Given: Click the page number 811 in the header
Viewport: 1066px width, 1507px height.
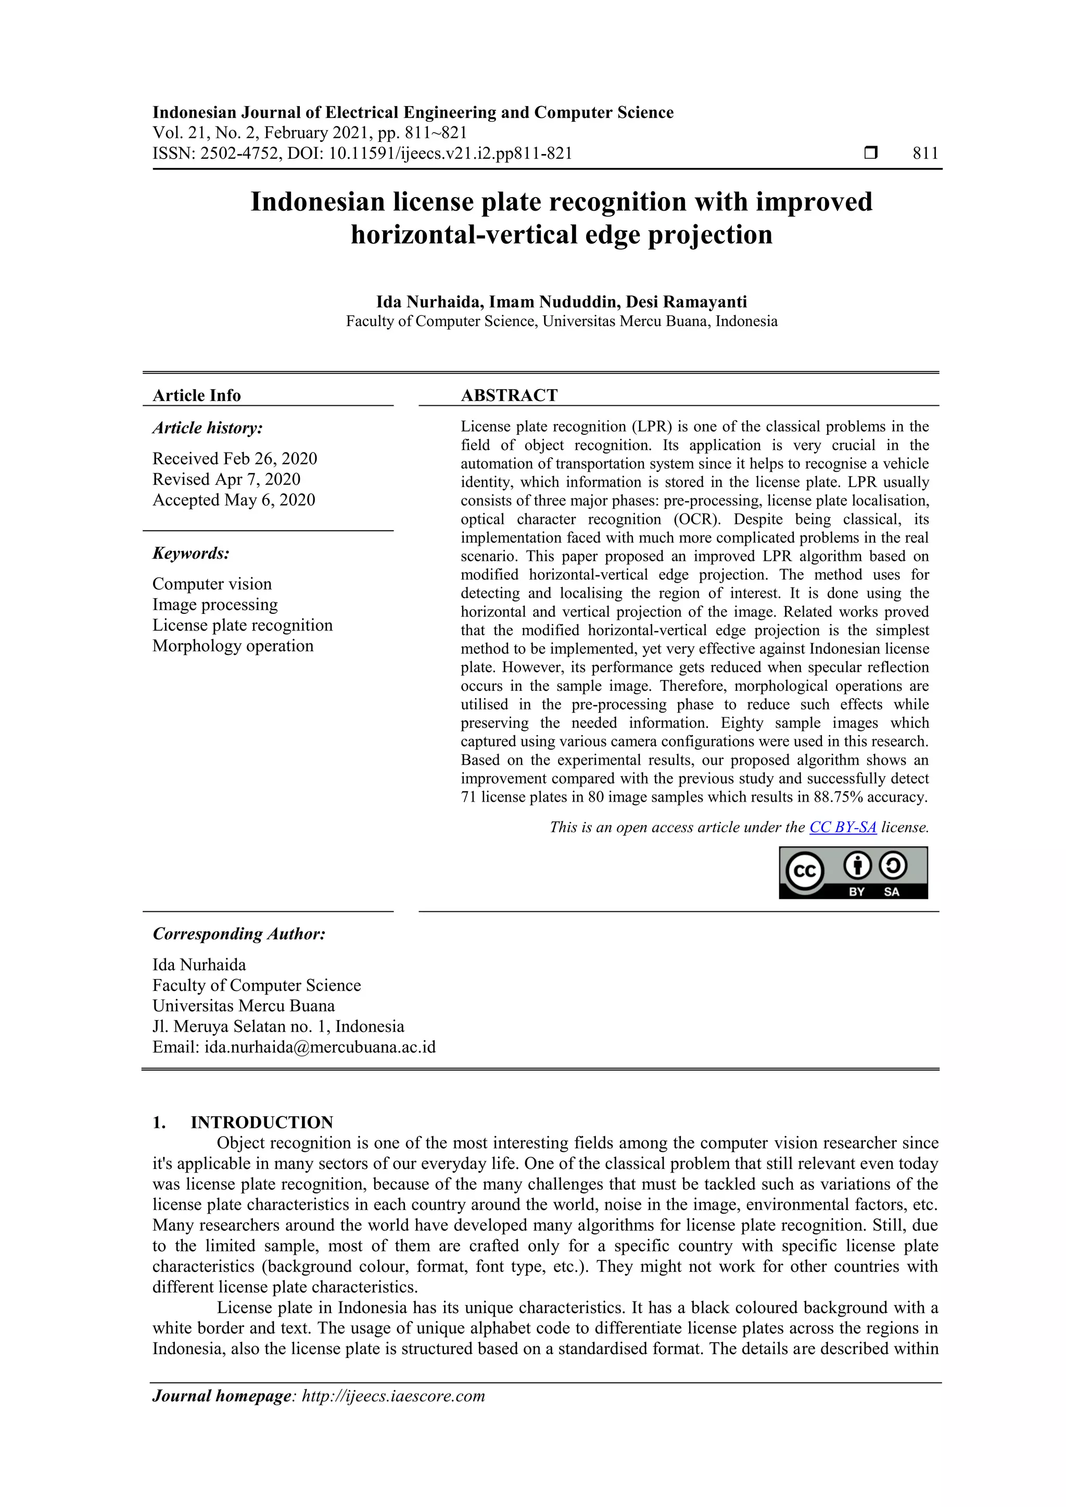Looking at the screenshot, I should (925, 153).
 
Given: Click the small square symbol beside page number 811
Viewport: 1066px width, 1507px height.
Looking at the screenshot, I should (870, 153).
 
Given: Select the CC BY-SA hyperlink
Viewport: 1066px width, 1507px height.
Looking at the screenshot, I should (843, 827).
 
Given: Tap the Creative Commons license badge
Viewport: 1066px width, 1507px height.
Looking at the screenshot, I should (853, 872).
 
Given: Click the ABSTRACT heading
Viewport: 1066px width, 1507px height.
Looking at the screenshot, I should (509, 395).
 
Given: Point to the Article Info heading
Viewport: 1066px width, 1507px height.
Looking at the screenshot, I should (196, 395).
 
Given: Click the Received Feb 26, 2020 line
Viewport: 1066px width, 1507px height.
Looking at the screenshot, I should (234, 458).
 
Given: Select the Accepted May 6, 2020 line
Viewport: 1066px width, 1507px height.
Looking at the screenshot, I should (234, 499).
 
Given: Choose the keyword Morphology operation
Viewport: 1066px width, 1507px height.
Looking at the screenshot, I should (233, 646).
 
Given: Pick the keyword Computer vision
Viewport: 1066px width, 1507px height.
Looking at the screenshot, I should (211, 584).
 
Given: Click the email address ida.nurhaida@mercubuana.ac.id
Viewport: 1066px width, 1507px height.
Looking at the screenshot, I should (320, 1047).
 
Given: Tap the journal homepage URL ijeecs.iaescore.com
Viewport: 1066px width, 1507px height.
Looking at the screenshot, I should (393, 1396).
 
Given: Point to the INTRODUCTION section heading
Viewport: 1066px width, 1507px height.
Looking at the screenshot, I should (261, 1123).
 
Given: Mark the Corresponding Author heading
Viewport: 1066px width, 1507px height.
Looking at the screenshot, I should (239, 934).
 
